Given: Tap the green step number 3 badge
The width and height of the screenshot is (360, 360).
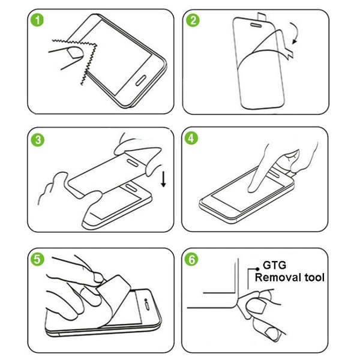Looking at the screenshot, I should [x=38, y=140].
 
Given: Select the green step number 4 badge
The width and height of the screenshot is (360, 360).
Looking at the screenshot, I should [x=193, y=139].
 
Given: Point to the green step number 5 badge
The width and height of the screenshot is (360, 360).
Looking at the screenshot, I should [x=38, y=260].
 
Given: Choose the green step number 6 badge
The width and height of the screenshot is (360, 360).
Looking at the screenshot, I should [x=193, y=260].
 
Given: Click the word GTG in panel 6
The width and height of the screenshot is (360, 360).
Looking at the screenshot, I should [x=274, y=265].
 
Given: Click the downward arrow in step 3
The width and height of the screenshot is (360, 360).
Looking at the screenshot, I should [x=163, y=178].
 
